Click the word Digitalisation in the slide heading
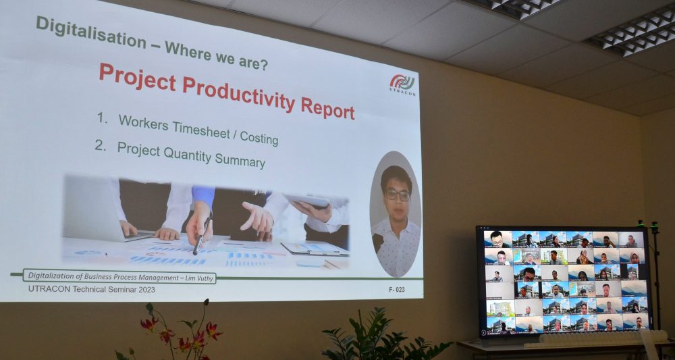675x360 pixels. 91,32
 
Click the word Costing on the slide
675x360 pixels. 259,138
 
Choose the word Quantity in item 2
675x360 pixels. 188,155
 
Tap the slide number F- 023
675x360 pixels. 396,289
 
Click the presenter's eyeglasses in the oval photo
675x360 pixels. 398,195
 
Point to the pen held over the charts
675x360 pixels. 202,234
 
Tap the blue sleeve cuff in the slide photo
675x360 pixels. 202,196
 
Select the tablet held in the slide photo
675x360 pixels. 307,200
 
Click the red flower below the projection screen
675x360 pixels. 213,331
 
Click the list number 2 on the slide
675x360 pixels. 101,146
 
